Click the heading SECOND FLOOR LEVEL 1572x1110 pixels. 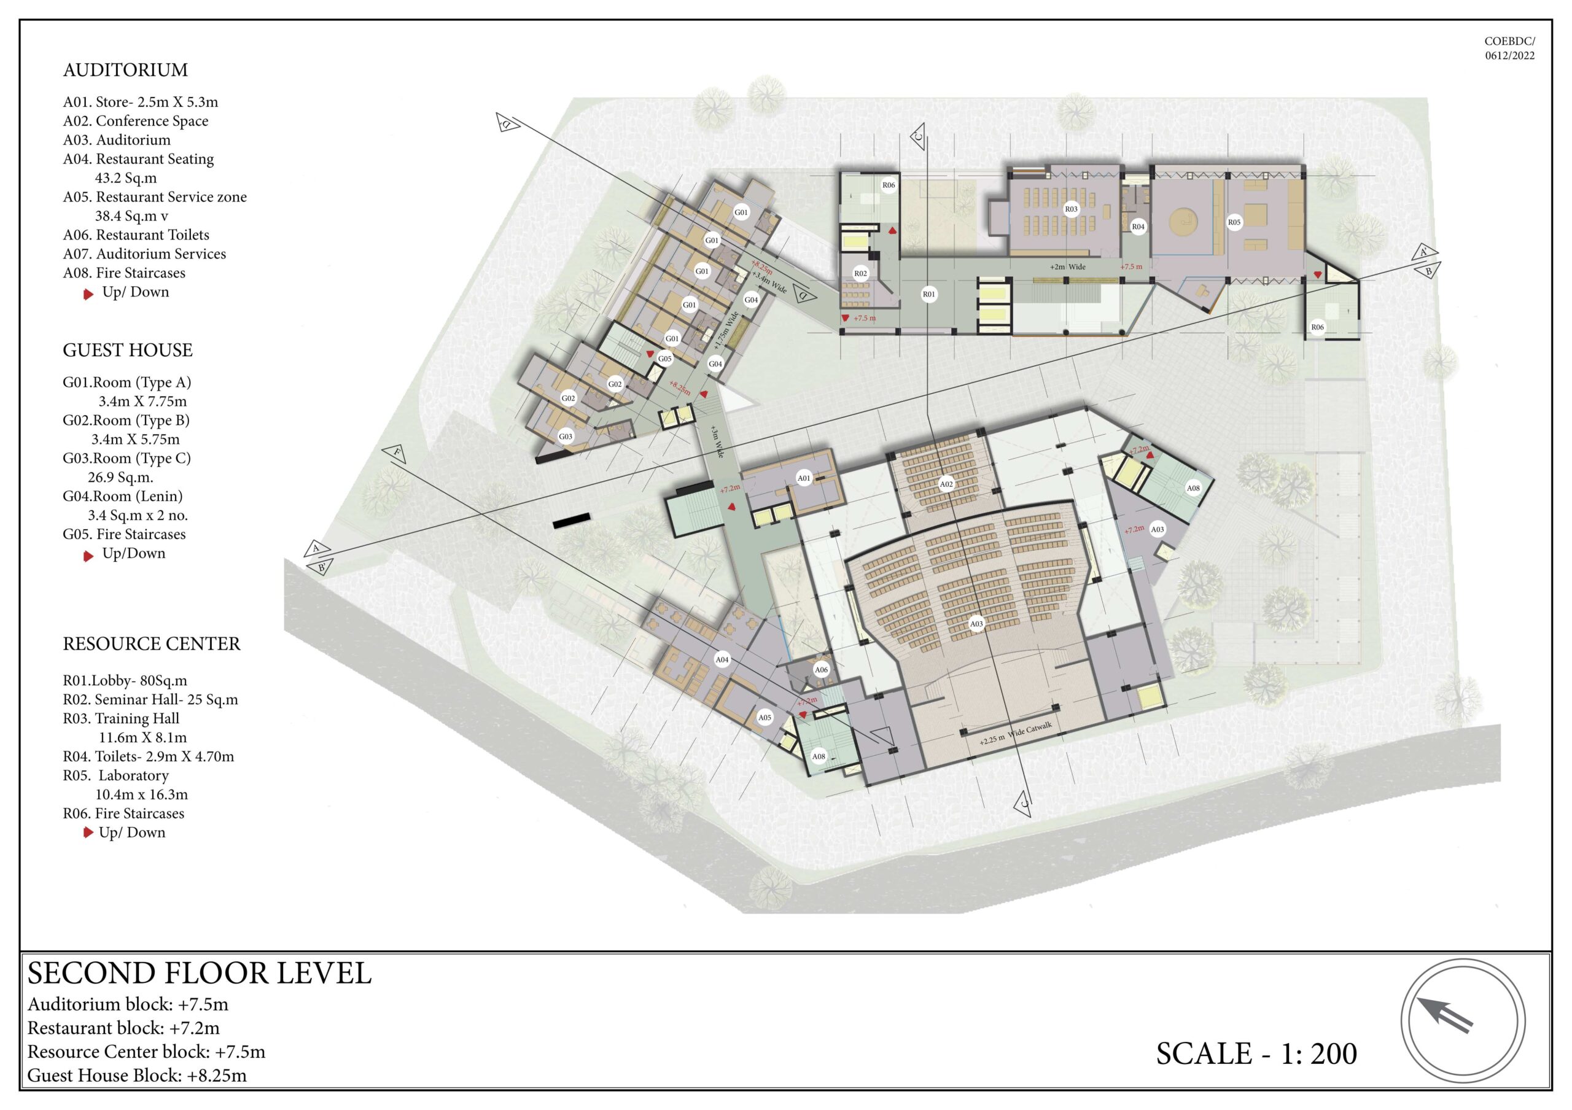coord(199,973)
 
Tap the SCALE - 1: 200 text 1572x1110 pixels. coord(1256,1053)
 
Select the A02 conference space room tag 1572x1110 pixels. coord(946,484)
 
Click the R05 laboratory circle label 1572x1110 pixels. coord(1234,222)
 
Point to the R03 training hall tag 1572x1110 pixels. coord(1071,209)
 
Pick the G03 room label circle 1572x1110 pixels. coord(566,436)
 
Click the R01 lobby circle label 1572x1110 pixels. coord(928,294)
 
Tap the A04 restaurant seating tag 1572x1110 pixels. coord(722,660)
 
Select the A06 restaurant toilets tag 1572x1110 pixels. coord(821,670)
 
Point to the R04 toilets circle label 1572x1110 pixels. coord(1138,227)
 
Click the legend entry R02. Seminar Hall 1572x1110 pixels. coord(150,699)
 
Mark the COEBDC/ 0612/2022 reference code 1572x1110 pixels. coord(1509,49)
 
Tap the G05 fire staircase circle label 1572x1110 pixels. coord(665,359)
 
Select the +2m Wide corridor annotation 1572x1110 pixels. coord(1067,266)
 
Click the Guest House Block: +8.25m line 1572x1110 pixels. coord(137,1075)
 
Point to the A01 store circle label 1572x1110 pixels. coord(804,478)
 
